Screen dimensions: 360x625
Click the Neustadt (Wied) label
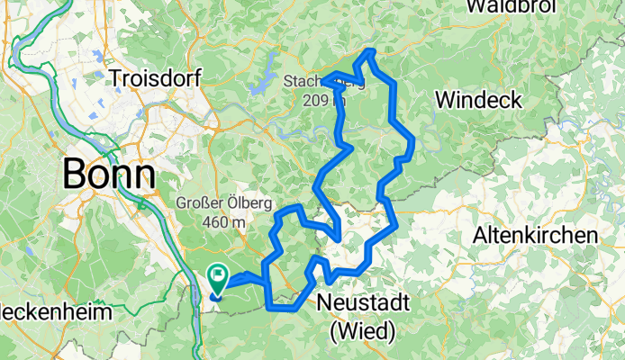coord(363,317)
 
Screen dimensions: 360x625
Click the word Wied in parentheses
coord(363,331)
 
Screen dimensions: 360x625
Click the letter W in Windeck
coord(445,99)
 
